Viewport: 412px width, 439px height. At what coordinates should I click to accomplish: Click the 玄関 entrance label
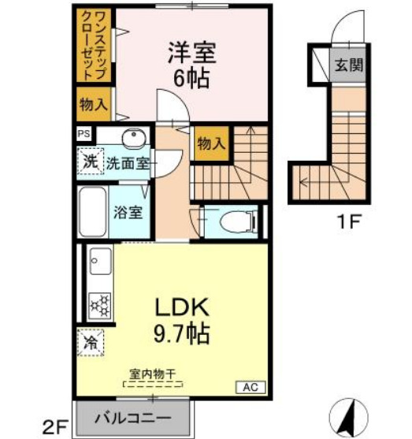348,65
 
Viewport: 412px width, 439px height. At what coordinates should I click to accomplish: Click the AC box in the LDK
250,387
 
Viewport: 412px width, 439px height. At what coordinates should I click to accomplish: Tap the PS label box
83,135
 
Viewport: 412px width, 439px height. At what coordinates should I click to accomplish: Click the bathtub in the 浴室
95,210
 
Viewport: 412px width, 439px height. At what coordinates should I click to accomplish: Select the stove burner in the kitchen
100,304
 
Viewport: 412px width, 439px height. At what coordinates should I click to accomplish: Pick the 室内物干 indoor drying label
153,375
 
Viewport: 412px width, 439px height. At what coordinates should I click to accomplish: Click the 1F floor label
348,221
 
